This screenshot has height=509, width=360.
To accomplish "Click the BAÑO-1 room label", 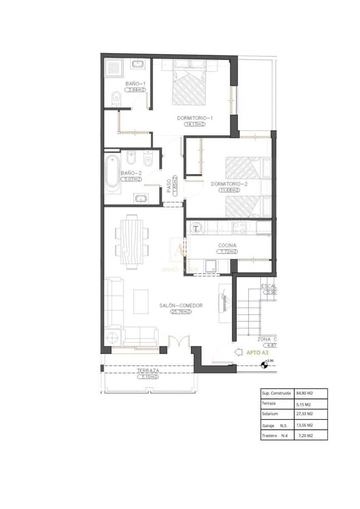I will pyautogui.click(x=135, y=84).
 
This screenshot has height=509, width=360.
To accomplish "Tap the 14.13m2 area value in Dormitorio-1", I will pyautogui.click(x=194, y=124).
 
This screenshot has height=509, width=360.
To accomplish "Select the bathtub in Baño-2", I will pyautogui.click(x=112, y=172).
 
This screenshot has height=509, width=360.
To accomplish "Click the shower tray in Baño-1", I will pyautogui.click(x=114, y=67).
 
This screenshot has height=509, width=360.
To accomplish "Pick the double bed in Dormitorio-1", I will pyautogui.click(x=189, y=85).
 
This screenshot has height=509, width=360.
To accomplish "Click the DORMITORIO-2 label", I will pyautogui.click(x=229, y=184).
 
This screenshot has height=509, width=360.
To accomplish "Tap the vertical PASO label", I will pyautogui.click(x=169, y=185).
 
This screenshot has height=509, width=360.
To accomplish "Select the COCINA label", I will pyautogui.click(x=227, y=245).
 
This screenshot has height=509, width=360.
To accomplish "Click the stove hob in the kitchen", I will pyautogui.click(x=239, y=228).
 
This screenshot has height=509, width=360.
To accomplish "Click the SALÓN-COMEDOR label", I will pyautogui.click(x=181, y=305).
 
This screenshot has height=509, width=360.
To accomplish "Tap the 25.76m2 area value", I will pyautogui.click(x=181, y=312).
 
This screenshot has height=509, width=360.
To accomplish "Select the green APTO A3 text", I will pyautogui.click(x=257, y=352).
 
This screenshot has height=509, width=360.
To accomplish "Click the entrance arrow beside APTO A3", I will pyautogui.click(x=239, y=352).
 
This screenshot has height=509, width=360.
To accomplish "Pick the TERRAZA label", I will pyautogui.click(x=148, y=370).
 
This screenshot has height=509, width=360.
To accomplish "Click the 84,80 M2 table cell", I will pyautogui.click(x=304, y=393).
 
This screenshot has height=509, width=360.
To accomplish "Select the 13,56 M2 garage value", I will pyautogui.click(x=304, y=425).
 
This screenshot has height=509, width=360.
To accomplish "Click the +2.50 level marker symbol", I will pyautogui.click(x=265, y=364).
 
